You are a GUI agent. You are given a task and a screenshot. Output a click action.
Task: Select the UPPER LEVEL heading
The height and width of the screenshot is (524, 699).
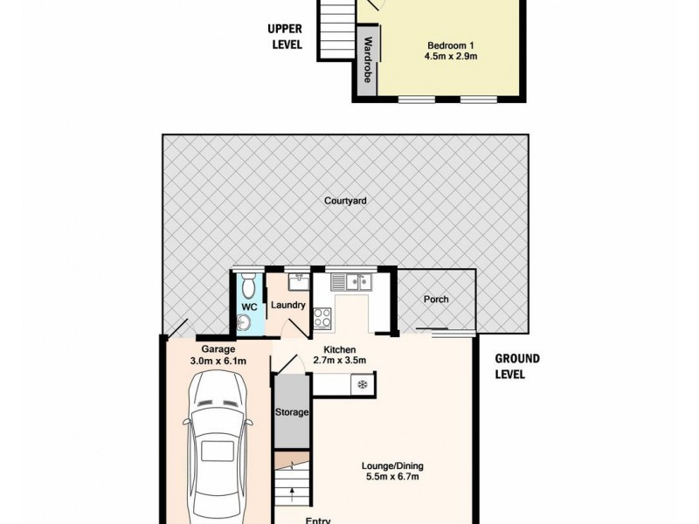pos(285,36)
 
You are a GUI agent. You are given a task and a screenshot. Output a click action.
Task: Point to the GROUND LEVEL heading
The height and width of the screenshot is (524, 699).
pos(517,366)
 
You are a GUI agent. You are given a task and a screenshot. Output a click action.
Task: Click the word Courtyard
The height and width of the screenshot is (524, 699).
pos(345,200)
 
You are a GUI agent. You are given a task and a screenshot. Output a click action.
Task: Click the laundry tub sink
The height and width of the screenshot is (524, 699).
pos(296,280)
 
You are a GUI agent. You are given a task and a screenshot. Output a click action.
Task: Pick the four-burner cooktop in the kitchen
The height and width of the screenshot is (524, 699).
pos(321,318)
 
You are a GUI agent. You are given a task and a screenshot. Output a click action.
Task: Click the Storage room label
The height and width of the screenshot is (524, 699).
pos(290,412)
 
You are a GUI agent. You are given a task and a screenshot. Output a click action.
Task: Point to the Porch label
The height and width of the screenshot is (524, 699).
pos(436,300)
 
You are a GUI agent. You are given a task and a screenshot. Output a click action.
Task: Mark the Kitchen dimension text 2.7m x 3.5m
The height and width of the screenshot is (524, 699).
pos(337,360)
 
